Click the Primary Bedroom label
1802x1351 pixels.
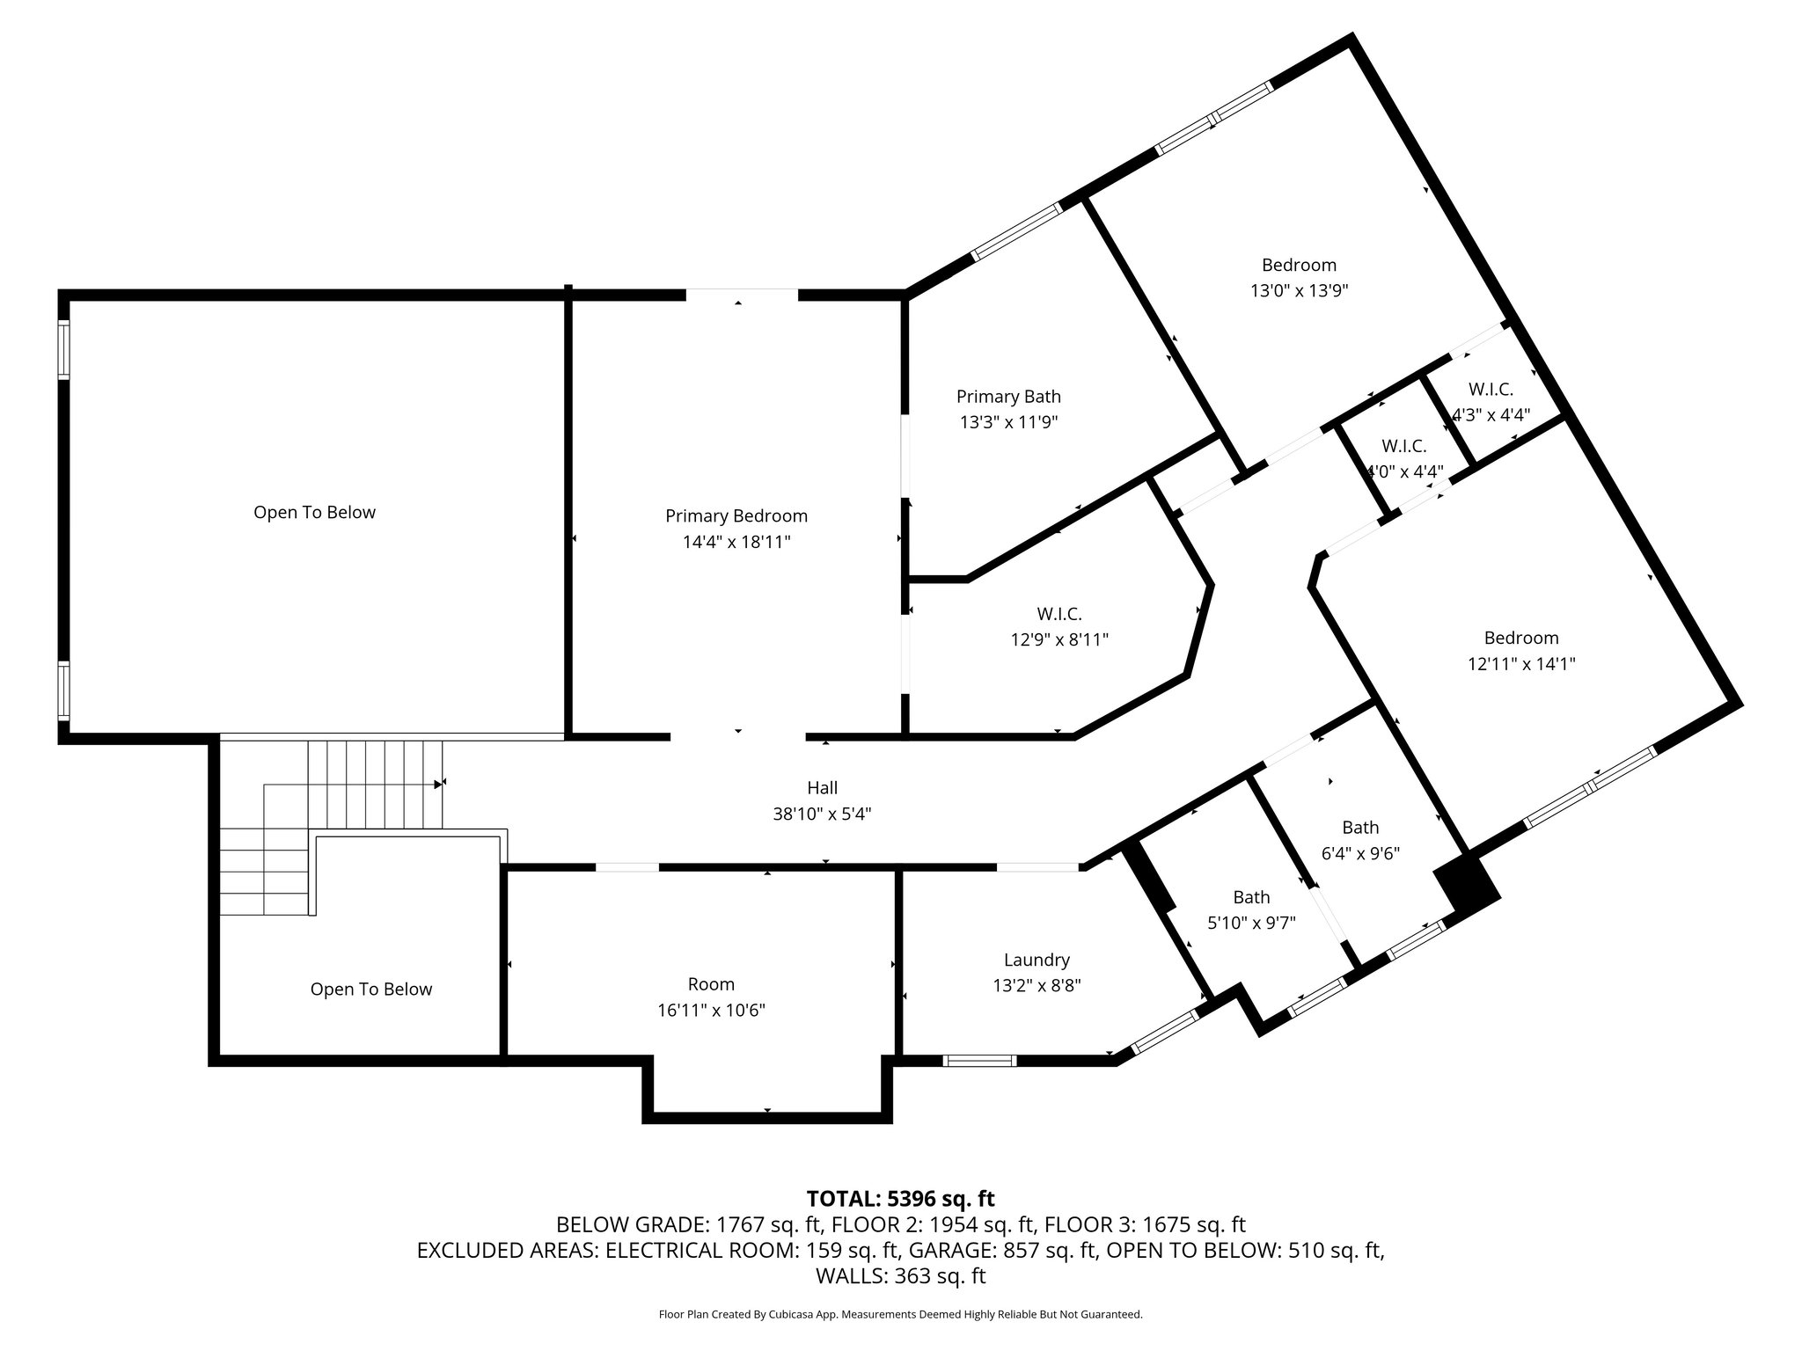coord(736,516)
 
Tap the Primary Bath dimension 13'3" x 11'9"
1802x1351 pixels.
coord(1008,422)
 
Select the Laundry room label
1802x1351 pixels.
coord(1037,960)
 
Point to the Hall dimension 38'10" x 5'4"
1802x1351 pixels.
coord(822,814)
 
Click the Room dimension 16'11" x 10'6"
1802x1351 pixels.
coord(711,1011)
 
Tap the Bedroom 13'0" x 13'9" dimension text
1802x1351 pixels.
coord(1299,290)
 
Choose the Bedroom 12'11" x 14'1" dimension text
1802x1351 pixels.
coord(1521,664)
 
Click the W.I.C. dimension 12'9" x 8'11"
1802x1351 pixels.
coord(1059,640)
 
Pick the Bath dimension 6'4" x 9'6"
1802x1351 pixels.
coord(1360,853)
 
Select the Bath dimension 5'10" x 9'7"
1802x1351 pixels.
coord(1251,923)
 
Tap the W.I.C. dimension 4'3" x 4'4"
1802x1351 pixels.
coord(1491,414)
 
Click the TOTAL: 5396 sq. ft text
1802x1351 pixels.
coord(900,1198)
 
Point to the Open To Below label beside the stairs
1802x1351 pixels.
coord(371,990)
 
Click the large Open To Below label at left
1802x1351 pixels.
coord(314,513)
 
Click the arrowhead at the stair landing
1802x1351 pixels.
coord(438,783)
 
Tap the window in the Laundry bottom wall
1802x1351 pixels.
coord(979,1060)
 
